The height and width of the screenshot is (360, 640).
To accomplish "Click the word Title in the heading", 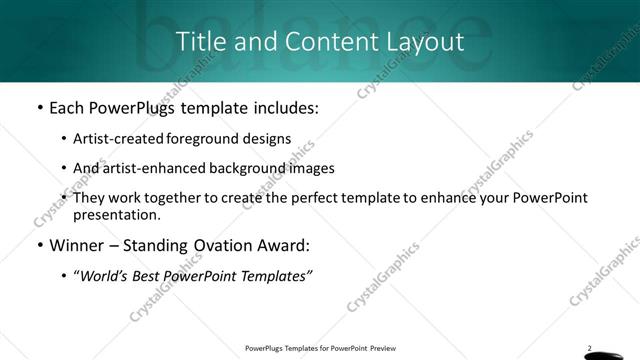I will [x=198, y=42].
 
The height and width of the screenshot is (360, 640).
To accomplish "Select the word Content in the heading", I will [x=317, y=42].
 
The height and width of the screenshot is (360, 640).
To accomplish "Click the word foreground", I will [x=208, y=139].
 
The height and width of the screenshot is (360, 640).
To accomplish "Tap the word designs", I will [x=268, y=139].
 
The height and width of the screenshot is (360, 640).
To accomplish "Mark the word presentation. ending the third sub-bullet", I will [x=116, y=214].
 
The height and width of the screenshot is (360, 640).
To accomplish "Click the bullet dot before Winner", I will [x=38, y=245].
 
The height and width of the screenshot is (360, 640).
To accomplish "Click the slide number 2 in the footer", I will [x=590, y=348].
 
